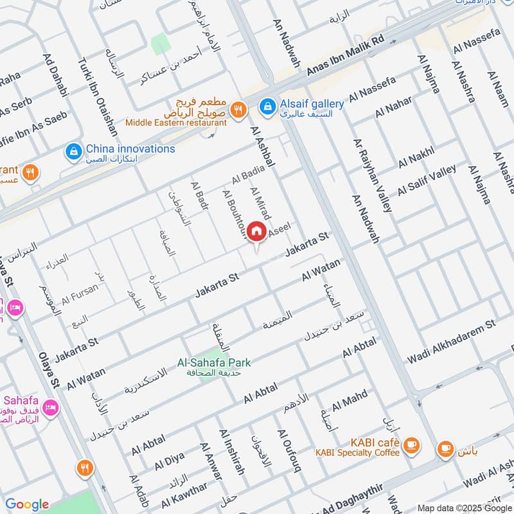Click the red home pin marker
[256, 231]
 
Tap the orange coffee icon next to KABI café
[411, 444]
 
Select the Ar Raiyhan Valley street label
[372, 174]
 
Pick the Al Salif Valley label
[427, 181]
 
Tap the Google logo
[27, 504]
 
